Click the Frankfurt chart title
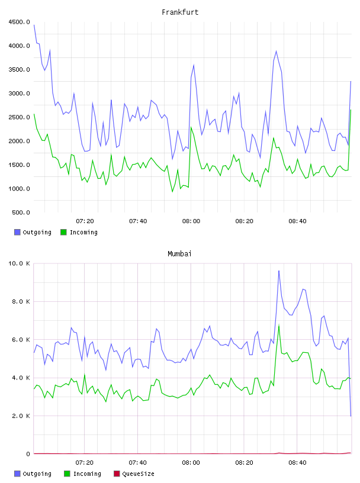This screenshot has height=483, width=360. click(180, 12)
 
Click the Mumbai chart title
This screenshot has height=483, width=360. click(179, 254)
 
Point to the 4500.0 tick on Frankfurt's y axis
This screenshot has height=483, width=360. click(19, 22)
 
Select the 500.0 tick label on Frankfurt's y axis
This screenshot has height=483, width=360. click(21, 212)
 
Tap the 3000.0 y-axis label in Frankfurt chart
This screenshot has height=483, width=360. click(19, 94)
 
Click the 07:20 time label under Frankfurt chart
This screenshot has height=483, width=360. click(85, 221)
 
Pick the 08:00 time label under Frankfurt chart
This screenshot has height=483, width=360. click(191, 221)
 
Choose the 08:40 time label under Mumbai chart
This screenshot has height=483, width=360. click(297, 463)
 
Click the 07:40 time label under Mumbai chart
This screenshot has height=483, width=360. click(138, 463)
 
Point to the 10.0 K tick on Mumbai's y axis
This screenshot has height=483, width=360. click(19, 263)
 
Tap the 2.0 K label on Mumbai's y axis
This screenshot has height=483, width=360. click(21, 416)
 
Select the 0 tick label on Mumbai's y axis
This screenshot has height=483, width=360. click(28, 454)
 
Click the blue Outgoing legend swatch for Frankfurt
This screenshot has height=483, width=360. click(17, 232)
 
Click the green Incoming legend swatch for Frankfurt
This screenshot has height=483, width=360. click(63, 232)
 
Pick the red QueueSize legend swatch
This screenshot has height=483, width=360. click(117, 474)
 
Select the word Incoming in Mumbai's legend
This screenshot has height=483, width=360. click(87, 474)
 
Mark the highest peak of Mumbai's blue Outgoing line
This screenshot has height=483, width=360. click(279, 271)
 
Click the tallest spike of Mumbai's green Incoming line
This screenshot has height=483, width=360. click(279, 325)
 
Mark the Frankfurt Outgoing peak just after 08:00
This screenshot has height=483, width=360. click(194, 65)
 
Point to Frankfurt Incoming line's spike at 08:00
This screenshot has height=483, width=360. click(191, 127)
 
